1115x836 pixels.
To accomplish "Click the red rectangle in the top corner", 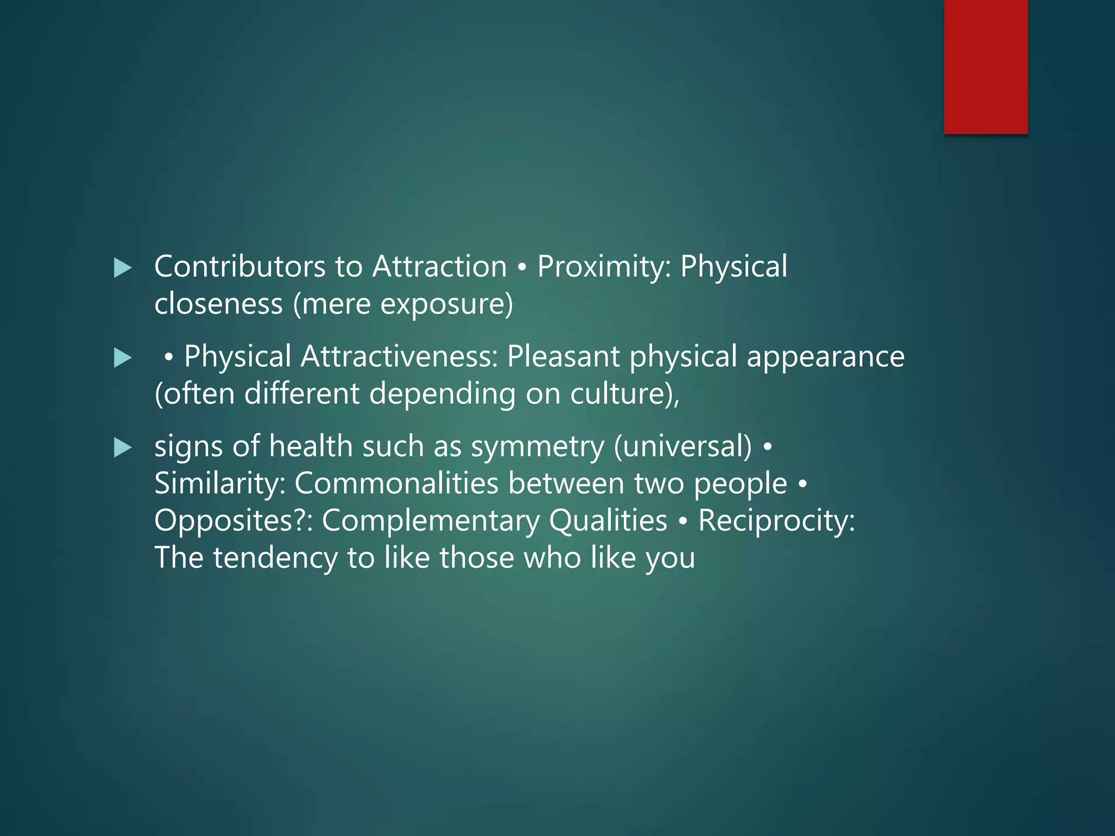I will click(985, 66).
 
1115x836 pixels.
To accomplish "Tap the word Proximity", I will click(599, 267).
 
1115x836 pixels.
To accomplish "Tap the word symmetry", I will click(537, 447).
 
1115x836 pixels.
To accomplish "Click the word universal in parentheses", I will click(683, 447).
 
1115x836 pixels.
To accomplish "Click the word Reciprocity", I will click(776, 521).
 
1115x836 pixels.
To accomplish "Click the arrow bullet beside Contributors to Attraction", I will click(123, 268).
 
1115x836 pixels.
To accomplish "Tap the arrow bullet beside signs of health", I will click(123, 448).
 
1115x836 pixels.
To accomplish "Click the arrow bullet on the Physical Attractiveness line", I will click(123, 358).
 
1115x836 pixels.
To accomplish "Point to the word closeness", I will click(218, 304).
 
